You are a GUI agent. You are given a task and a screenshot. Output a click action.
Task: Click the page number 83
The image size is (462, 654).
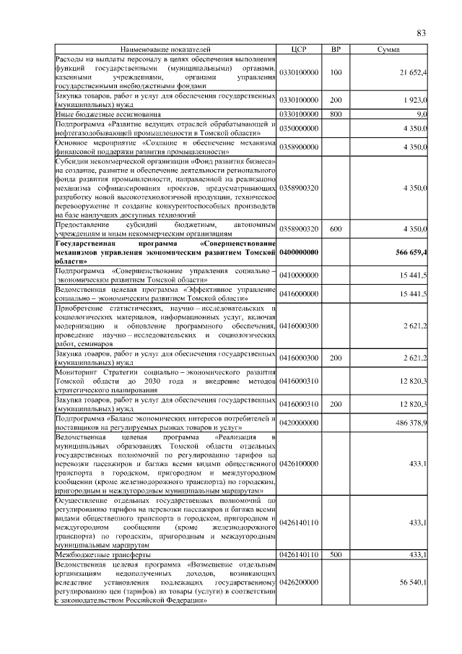click(x=421, y=33)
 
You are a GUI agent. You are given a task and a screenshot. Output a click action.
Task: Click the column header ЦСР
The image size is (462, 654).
click(x=299, y=49)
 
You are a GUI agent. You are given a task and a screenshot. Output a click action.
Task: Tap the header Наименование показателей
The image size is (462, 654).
click(x=166, y=49)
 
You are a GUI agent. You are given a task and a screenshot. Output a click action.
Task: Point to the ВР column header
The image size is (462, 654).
click(x=335, y=49)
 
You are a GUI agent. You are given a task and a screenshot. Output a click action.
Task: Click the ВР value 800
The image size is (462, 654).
click(x=335, y=114)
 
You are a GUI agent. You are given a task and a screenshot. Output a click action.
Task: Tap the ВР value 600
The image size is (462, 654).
click(x=335, y=229)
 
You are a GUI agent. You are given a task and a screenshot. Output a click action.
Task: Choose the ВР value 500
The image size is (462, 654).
click(x=335, y=554)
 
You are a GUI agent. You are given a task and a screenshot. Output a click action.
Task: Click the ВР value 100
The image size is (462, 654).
click(x=335, y=73)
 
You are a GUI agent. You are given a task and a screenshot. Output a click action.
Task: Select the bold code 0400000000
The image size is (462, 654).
click(x=299, y=251)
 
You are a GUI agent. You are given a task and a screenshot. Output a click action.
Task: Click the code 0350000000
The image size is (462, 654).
click(x=299, y=128)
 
